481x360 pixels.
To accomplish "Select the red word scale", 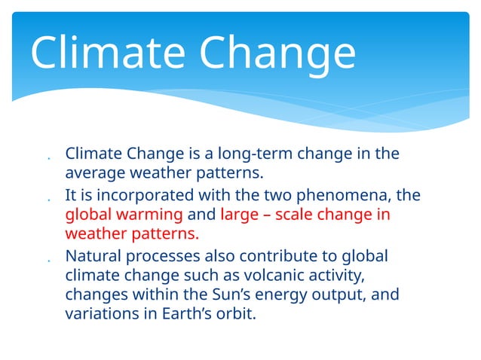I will click(x=302, y=215).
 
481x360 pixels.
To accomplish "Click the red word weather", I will click(x=94, y=233).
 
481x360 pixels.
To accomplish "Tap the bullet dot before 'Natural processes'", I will click(x=47, y=260).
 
